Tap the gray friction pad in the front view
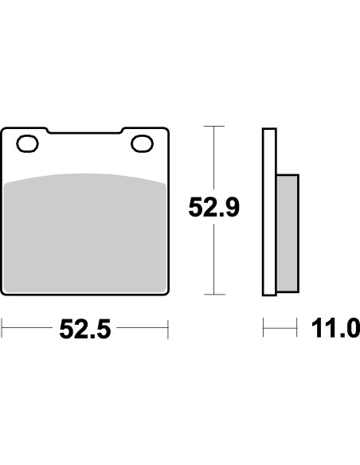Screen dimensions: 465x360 coord(85,235)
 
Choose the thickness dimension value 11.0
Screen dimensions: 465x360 coord(338,329)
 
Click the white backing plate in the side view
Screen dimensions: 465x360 coord(269,211)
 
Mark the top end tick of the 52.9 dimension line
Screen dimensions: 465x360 coord(213,126)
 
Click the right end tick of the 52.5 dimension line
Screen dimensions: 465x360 coord(168,326)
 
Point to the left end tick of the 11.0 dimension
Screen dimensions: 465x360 coord(264,326)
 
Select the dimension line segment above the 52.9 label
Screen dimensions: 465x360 coord(213,159)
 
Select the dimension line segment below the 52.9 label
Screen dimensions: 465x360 coord(213,259)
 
